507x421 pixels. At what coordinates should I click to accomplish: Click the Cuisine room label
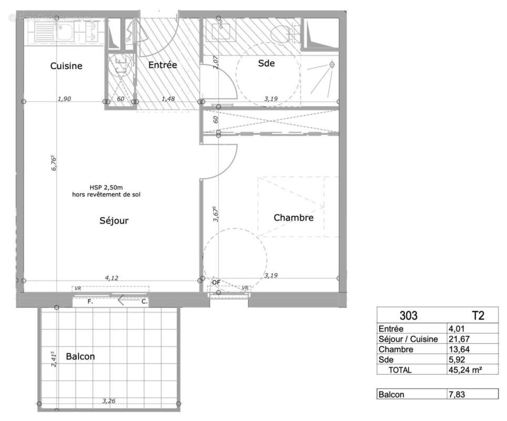click(66, 66)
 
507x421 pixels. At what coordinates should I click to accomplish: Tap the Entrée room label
click(162, 65)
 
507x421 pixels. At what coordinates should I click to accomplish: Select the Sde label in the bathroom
click(266, 64)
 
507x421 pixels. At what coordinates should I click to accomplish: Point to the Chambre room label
click(293, 217)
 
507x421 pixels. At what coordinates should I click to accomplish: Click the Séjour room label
click(114, 220)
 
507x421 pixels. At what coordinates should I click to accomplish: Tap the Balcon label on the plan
click(80, 356)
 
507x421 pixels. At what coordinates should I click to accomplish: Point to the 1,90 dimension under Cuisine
click(64, 98)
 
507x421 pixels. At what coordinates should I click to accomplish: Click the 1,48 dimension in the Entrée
click(168, 98)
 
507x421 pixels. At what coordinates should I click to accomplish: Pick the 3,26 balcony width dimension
click(108, 401)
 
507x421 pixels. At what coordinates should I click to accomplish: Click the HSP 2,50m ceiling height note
click(106, 188)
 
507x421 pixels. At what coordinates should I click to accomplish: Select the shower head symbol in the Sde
click(331, 65)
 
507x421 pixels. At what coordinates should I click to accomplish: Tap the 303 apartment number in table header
click(409, 316)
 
